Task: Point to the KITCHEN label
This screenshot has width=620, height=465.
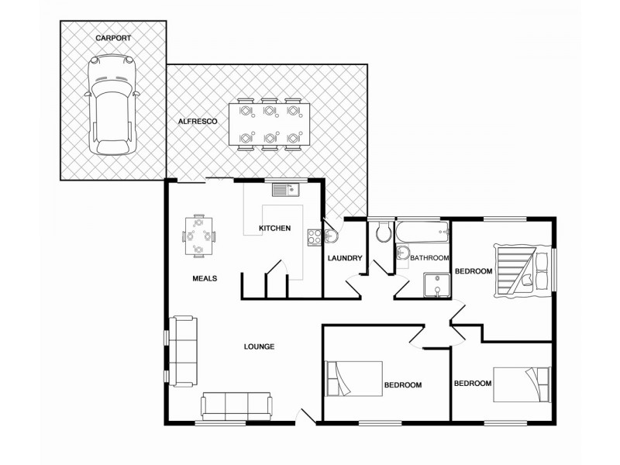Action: coord(274,228)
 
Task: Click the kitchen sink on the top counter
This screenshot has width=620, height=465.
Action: coord(284,188)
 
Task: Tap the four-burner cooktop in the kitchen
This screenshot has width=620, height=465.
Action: coord(314,236)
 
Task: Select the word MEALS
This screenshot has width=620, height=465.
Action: coord(205,278)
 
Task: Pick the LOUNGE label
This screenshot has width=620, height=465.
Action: coord(258,346)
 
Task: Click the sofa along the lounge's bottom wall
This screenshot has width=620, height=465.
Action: coord(236,406)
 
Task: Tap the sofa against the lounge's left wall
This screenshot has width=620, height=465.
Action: coord(184,351)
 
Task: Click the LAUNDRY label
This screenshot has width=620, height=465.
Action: coord(345,258)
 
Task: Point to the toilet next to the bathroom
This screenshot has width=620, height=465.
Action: coord(382,232)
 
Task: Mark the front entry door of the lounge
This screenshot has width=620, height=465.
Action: coord(307,417)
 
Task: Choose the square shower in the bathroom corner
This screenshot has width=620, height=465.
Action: coord(437,285)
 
